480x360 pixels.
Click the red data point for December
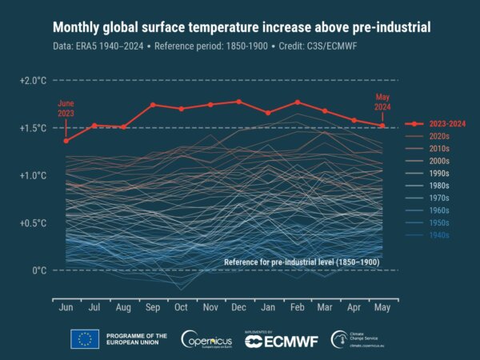coord(239,102)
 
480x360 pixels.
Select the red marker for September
coord(152,105)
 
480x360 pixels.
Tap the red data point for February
coord(297,102)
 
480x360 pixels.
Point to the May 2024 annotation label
coord(382,102)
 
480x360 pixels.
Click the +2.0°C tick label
coord(34,82)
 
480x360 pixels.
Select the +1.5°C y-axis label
coord(34,128)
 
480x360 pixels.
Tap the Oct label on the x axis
coord(181,307)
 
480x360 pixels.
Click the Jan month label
coord(268,307)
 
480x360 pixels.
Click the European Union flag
coord(85,339)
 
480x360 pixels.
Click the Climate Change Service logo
coord(359,339)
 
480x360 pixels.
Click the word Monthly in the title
coord(81,28)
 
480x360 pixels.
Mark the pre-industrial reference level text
coord(301,262)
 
